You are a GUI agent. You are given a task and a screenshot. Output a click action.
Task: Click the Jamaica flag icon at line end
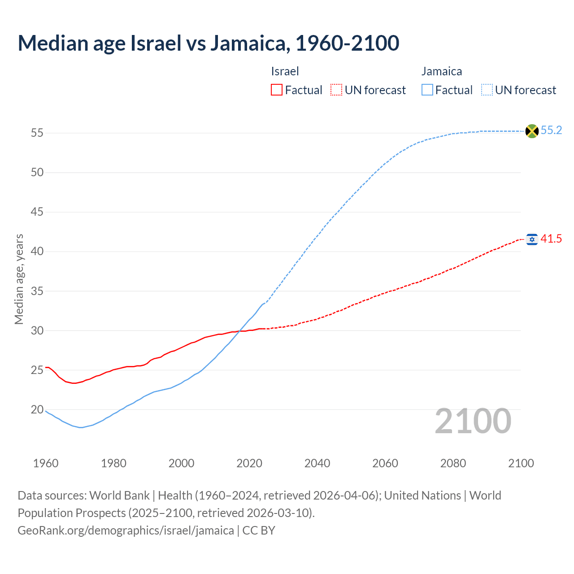[532, 131]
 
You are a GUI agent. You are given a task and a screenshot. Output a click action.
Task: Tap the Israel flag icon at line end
[532, 239]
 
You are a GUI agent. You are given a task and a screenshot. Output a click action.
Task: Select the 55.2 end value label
[551, 130]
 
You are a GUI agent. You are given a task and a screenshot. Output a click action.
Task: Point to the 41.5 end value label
[551, 239]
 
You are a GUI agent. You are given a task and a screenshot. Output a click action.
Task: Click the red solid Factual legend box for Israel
[277, 90]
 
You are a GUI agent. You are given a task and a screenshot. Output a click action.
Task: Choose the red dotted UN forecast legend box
[336, 90]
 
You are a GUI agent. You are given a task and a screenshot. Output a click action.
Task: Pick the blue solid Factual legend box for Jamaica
[427, 90]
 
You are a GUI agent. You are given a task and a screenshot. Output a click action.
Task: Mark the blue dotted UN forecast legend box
[487, 90]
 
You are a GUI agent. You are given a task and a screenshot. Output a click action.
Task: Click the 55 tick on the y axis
[37, 133]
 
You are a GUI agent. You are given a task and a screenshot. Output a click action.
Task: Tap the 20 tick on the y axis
[37, 410]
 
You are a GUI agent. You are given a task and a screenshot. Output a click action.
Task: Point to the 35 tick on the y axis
[37, 291]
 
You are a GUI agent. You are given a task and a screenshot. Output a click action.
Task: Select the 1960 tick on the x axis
[46, 464]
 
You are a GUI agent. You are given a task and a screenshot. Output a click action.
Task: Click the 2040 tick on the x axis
[317, 464]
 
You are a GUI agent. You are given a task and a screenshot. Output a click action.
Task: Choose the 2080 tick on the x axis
[453, 464]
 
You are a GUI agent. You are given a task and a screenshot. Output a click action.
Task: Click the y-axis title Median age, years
[19, 279]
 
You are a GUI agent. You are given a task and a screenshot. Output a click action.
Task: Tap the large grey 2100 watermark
[473, 422]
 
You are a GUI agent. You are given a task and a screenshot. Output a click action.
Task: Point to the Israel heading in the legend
[285, 71]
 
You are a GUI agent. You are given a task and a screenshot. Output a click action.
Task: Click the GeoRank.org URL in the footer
[126, 531]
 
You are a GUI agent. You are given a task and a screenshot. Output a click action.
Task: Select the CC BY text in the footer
[259, 531]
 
